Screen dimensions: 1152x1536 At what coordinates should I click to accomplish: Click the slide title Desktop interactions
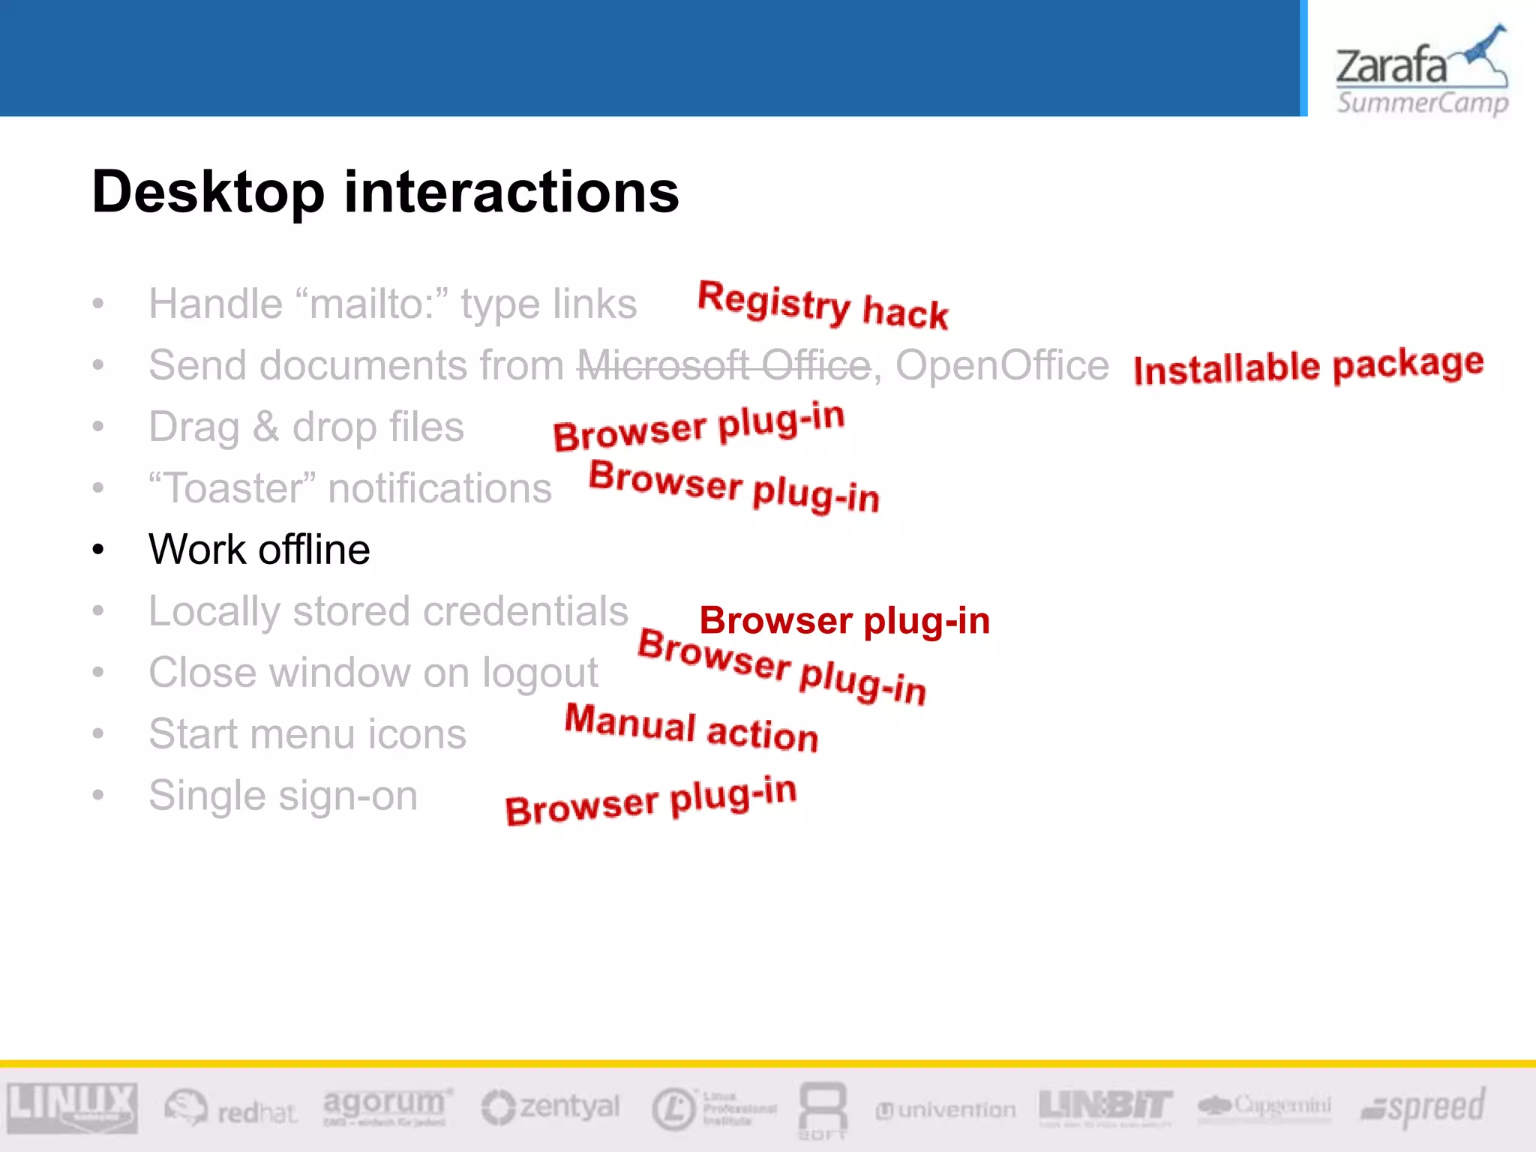point(385,192)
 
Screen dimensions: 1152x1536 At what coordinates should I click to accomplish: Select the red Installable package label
point(1308,367)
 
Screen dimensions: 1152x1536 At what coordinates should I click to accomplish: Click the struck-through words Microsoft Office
point(724,366)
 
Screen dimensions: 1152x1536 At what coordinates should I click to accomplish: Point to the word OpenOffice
point(1002,366)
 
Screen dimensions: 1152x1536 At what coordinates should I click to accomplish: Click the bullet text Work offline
point(259,550)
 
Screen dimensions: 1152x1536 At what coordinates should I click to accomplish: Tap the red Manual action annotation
point(691,727)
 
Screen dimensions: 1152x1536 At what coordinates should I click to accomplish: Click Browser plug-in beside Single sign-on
point(650,801)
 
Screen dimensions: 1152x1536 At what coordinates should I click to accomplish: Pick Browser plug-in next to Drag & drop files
point(698,427)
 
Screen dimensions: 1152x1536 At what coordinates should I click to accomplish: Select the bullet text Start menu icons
point(307,733)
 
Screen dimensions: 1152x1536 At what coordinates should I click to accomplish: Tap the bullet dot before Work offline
point(98,550)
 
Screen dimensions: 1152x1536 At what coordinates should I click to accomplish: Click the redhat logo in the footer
point(231,1108)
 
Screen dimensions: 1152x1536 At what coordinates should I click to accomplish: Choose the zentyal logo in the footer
point(551,1107)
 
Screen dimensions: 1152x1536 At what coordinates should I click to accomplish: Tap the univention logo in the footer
point(946,1109)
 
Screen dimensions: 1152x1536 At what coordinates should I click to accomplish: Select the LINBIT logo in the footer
point(1105,1105)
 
